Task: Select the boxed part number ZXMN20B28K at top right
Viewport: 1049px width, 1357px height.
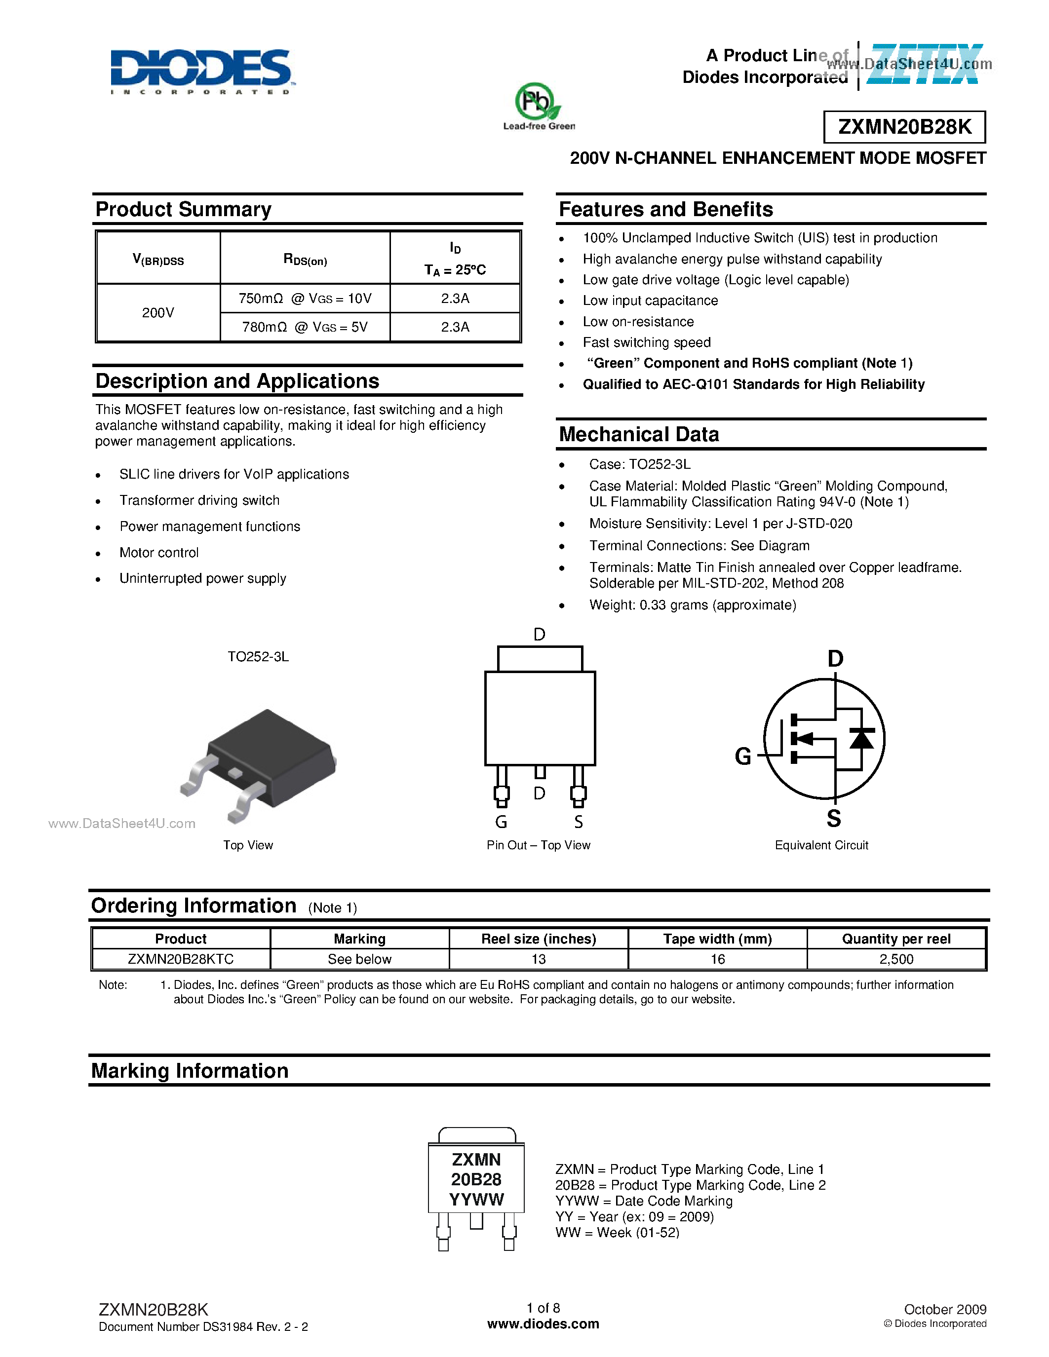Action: pyautogui.click(x=904, y=127)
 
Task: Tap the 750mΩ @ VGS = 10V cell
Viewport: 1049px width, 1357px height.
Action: pyautogui.click(x=305, y=298)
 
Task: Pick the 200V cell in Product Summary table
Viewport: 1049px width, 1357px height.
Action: pyautogui.click(x=158, y=312)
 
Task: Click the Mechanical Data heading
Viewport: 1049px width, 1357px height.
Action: pyautogui.click(x=639, y=434)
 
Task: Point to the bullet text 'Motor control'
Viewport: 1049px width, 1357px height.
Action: pyautogui.click(x=159, y=552)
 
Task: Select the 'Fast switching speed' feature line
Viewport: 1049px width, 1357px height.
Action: pyautogui.click(x=646, y=342)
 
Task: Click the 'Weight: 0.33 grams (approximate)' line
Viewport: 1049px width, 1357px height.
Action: pyautogui.click(x=692, y=604)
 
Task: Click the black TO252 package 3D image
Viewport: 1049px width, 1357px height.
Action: pyautogui.click(x=264, y=761)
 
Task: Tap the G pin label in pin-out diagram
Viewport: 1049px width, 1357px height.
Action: pyautogui.click(x=501, y=822)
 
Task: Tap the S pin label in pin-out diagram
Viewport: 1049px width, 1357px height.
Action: pyautogui.click(x=579, y=822)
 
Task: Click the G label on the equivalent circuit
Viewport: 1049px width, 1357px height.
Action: pyautogui.click(x=742, y=756)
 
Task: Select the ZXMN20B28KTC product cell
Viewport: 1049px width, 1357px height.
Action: pyautogui.click(x=181, y=959)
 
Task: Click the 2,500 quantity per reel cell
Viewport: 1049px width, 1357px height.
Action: pyautogui.click(x=896, y=959)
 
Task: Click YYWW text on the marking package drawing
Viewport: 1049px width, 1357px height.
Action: pyautogui.click(x=476, y=1199)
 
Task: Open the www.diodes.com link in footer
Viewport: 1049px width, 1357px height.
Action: pyautogui.click(x=543, y=1323)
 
